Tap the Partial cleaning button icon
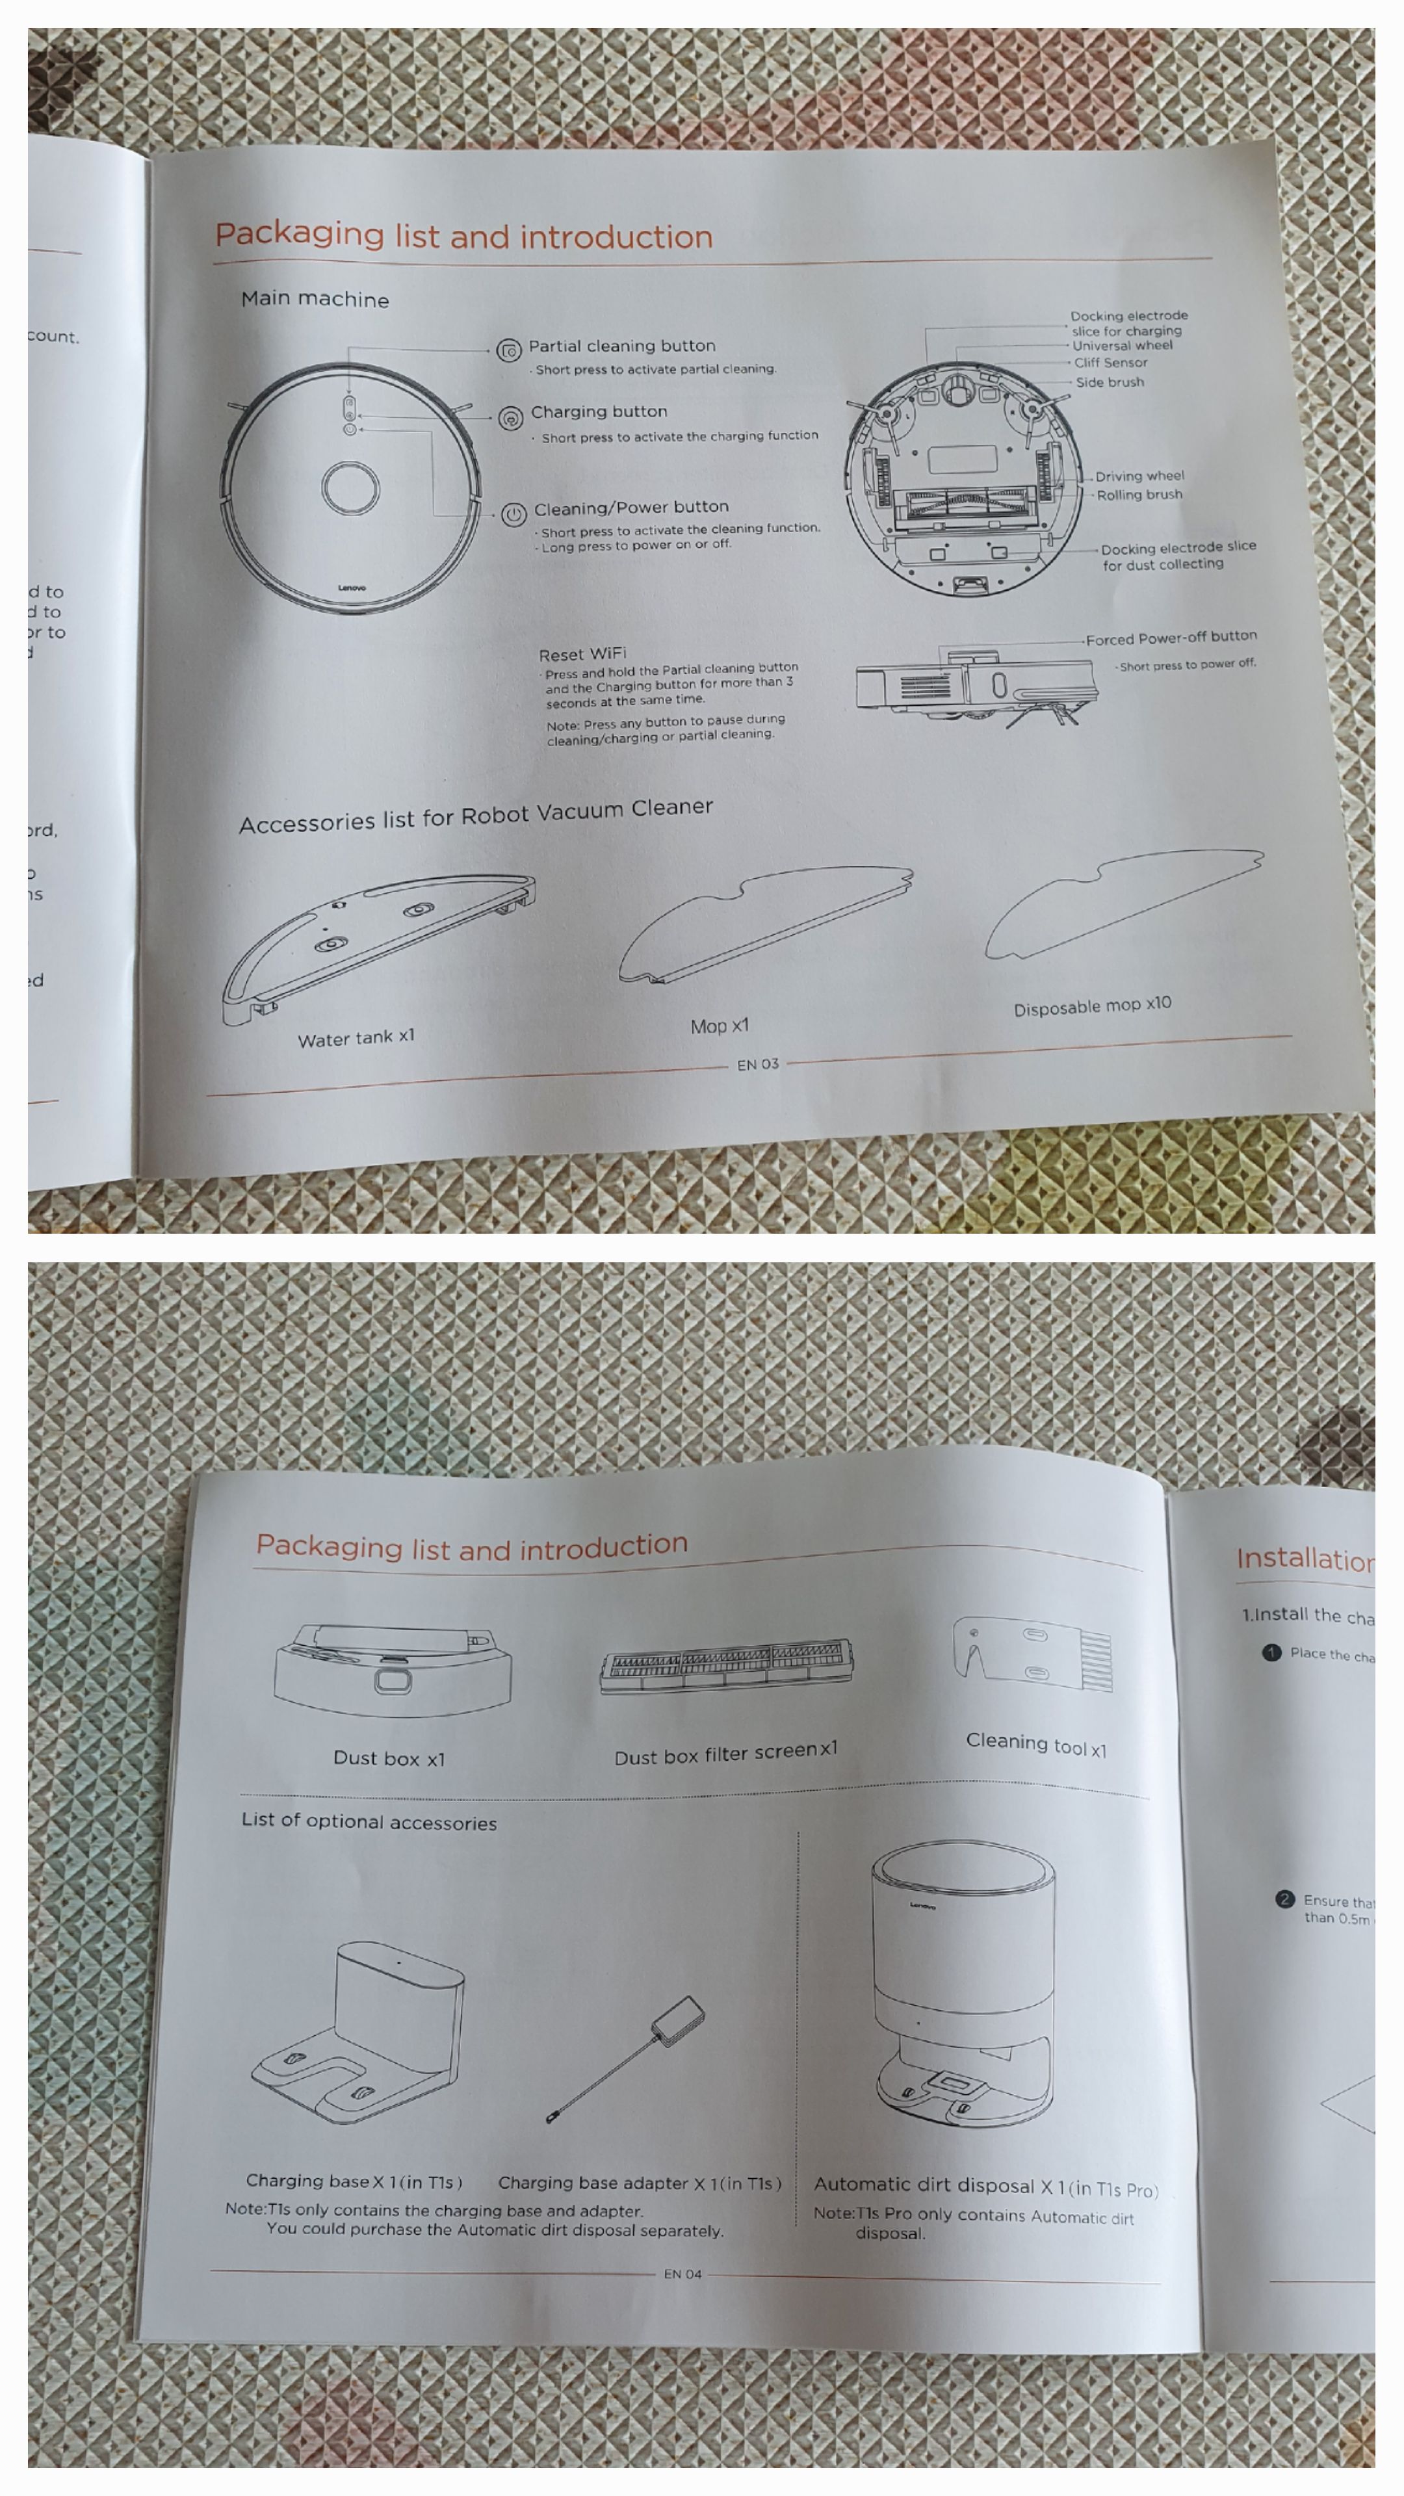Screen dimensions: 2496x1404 click(509, 350)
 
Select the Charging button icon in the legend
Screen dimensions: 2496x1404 click(511, 417)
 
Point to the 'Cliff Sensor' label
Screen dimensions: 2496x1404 click(1110, 363)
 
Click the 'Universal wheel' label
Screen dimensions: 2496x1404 click(1122, 345)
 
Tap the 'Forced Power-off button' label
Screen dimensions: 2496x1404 click(1171, 638)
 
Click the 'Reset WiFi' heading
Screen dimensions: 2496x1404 click(582, 654)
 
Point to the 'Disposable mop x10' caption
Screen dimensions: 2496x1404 click(1092, 1006)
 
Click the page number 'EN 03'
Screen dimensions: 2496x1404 click(758, 1064)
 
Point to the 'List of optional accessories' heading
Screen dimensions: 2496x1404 click(369, 1821)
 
